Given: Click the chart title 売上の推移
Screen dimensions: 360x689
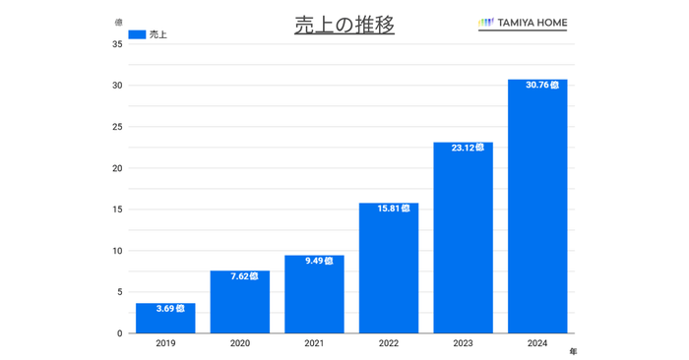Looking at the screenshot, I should [x=344, y=26].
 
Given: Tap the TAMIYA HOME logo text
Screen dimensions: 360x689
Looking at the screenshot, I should [x=530, y=23].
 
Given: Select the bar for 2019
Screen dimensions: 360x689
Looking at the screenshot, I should [x=165, y=320].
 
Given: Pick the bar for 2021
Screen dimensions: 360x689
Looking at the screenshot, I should [x=314, y=295].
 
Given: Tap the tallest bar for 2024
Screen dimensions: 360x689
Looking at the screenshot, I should [x=537, y=207].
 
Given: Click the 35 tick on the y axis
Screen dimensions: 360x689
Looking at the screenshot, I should [x=117, y=43].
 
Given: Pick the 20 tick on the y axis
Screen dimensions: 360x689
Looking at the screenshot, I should [x=117, y=168].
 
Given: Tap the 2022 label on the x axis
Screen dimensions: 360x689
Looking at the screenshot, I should [x=389, y=343].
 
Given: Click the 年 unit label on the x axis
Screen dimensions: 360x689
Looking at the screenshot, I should [x=573, y=350].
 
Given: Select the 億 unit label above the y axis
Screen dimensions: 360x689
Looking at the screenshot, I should [x=118, y=22].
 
